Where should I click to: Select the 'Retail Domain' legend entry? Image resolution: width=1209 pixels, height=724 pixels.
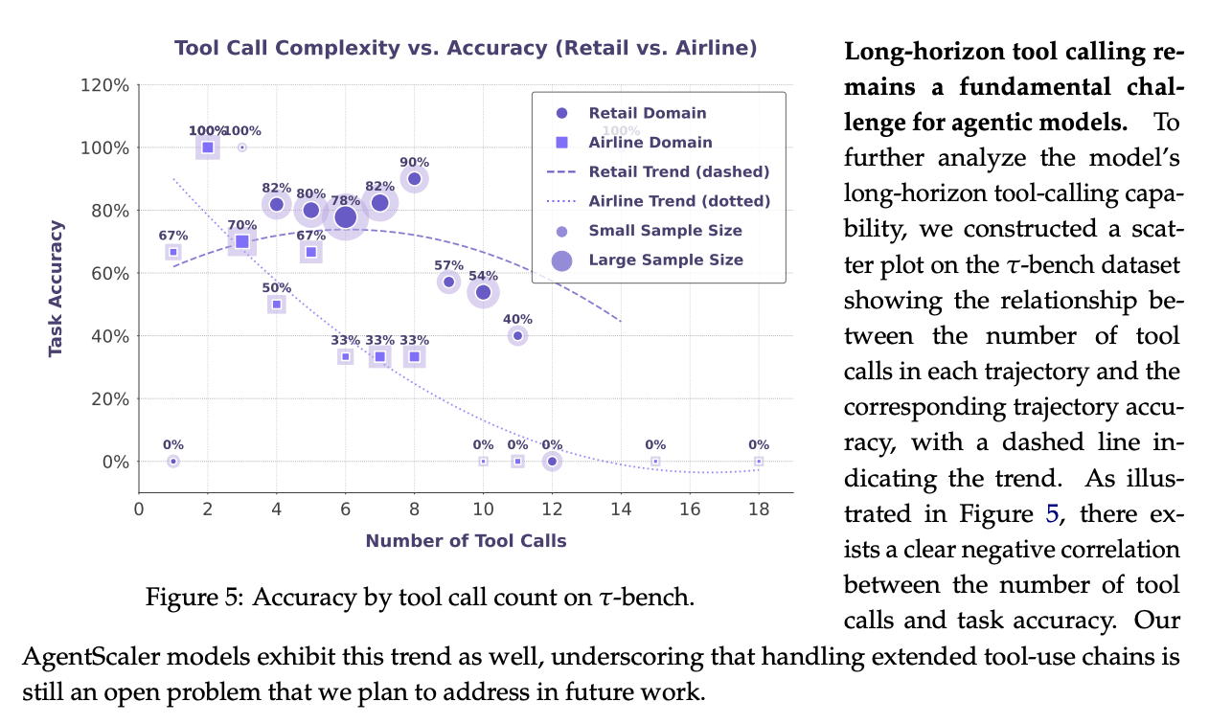647,113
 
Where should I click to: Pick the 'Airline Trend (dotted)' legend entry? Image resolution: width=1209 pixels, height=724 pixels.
678,201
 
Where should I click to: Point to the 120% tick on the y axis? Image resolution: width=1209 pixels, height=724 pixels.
109,85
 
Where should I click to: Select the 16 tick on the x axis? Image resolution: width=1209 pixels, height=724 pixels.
689,509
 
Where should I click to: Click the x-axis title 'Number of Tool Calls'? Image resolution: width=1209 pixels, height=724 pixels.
466,541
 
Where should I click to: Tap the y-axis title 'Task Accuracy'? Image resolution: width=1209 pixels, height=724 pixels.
56,288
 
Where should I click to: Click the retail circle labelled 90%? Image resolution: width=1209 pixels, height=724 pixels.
414,179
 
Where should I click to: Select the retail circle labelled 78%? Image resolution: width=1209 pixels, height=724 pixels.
345,217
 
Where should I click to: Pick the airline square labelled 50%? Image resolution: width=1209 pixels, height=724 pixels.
277,305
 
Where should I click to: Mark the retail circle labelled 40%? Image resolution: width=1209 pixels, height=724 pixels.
517,336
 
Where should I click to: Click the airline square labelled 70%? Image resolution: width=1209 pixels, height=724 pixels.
242,242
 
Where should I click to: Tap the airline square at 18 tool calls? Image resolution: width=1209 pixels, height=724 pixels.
758,462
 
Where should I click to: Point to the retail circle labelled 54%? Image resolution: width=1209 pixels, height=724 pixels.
483,292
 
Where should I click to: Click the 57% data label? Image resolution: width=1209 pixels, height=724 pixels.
448,265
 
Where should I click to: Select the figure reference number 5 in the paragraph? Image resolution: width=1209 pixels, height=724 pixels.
1052,514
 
